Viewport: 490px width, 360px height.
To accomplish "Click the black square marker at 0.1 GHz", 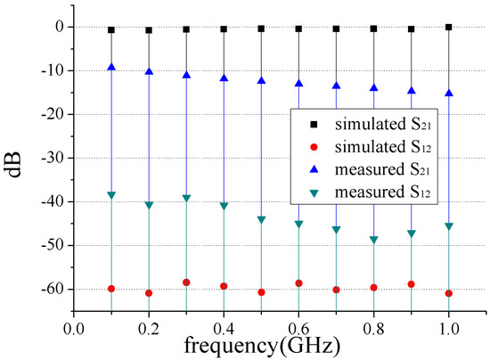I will click(111, 29).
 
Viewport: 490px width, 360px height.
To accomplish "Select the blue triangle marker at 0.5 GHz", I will click(261, 80).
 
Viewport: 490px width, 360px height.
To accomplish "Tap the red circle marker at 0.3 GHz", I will click(186, 282).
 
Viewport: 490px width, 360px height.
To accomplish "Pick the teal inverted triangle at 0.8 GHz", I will click(373, 240).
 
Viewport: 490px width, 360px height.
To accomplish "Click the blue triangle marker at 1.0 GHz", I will click(448, 93).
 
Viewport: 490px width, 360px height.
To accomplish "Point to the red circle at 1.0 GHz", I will click(448, 293).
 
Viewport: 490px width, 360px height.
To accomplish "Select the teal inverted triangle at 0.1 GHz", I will click(111, 195).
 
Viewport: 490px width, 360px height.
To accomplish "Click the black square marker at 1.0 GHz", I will click(448, 28).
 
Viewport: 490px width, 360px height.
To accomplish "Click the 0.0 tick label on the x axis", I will click(73, 327).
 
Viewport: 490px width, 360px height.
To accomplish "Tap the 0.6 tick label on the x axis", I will click(298, 327).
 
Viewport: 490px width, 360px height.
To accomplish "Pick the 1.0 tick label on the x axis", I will click(448, 327).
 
